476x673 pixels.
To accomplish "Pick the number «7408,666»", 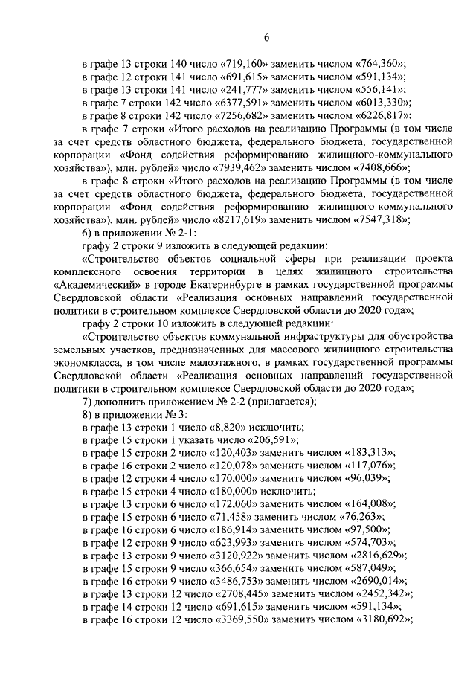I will click(381, 168).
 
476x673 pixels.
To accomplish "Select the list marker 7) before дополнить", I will click(87, 402).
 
